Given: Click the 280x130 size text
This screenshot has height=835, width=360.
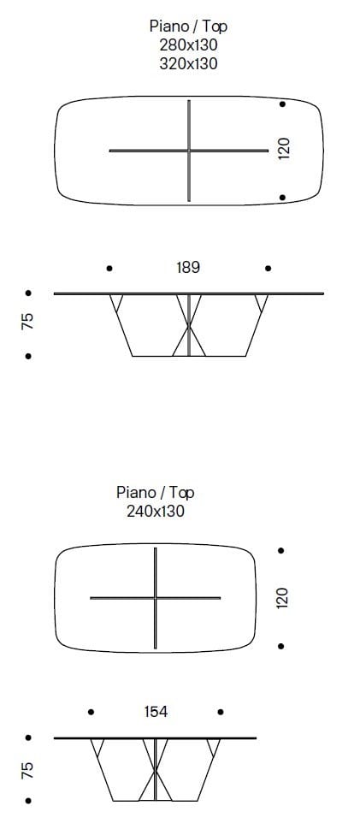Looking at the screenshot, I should pyautogui.click(x=188, y=44).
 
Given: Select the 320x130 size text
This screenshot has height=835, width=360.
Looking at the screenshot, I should pyautogui.click(x=188, y=62).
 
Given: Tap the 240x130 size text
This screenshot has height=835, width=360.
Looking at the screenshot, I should pyautogui.click(x=156, y=511).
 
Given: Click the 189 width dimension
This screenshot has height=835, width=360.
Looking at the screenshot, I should pyautogui.click(x=188, y=268).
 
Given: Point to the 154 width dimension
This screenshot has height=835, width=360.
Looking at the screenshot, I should pyautogui.click(x=156, y=712).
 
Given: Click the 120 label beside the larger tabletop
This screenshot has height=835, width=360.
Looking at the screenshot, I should pyautogui.click(x=284, y=148).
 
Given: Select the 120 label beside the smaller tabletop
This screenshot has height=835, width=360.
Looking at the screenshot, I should pyautogui.click(x=283, y=597).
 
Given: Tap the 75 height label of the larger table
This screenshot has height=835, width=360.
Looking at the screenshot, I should pyautogui.click(x=28, y=323).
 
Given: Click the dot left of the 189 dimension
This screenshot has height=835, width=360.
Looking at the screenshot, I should pyautogui.click(x=109, y=269).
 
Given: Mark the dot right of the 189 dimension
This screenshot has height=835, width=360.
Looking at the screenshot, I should pyautogui.click(x=269, y=269).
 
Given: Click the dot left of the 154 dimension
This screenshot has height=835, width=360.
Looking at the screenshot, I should pyautogui.click(x=91, y=712).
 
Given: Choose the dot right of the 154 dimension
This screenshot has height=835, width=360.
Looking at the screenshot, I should pyautogui.click(x=221, y=712).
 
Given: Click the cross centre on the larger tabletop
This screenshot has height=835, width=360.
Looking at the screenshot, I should pyautogui.click(x=189, y=151).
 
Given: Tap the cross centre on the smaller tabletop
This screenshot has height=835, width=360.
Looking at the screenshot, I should pyautogui.click(x=156, y=597).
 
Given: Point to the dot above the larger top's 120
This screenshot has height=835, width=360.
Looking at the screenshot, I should pyautogui.click(x=282, y=104).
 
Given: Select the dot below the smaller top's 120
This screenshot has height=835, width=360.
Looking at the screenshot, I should pyautogui.click(x=281, y=646).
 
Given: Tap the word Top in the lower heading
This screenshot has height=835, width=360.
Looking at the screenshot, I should pyautogui.click(x=181, y=493).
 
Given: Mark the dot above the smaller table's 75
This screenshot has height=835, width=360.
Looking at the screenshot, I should pyautogui.click(x=28, y=737).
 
